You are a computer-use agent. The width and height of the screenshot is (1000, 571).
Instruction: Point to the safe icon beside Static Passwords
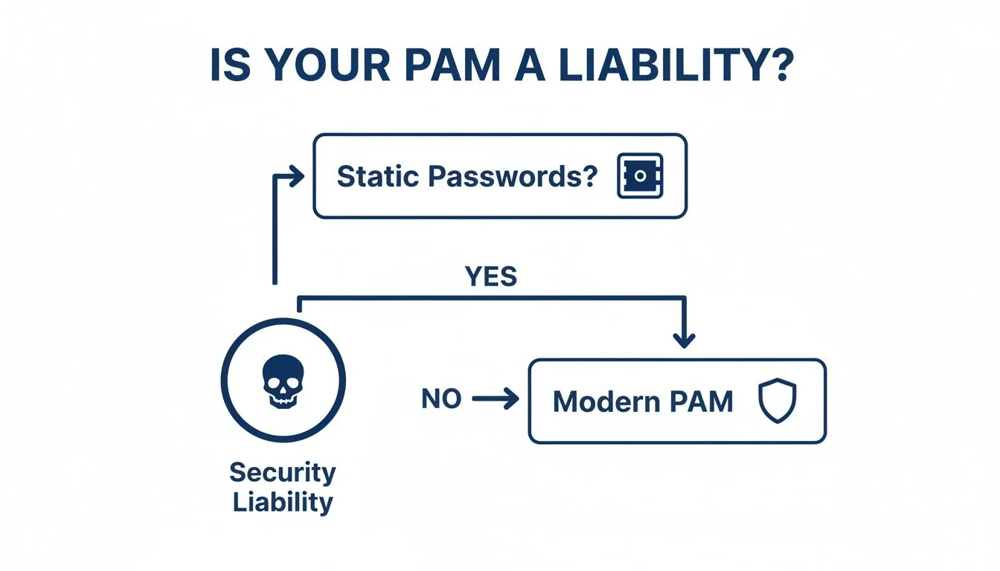pos(639,177)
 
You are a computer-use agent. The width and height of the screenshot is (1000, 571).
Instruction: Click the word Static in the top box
pos(377,177)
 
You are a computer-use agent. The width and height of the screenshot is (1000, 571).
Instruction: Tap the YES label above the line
pos(490,277)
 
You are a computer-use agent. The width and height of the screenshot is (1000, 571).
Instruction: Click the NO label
pos(441,399)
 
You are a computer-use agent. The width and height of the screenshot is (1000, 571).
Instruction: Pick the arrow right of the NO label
pos(496,400)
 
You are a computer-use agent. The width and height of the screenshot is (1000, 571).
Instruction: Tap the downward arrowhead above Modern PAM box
pos(683,340)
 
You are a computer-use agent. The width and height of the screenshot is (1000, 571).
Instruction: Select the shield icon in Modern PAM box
pos(777,401)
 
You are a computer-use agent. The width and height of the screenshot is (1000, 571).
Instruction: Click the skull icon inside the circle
pos(283,380)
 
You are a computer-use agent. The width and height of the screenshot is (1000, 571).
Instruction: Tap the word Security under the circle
pos(282,472)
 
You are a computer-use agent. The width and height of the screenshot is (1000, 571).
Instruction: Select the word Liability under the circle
pos(282,502)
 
